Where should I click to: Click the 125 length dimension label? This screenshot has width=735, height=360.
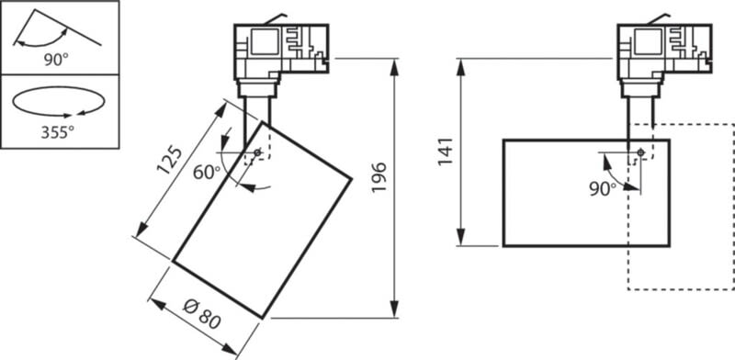(169, 161)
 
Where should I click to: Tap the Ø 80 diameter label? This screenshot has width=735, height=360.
(202, 313)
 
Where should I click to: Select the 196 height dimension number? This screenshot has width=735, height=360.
(379, 177)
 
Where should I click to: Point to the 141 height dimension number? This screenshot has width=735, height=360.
(446, 152)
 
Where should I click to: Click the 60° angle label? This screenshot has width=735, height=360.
(207, 173)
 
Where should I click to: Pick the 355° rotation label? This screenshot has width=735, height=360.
(58, 132)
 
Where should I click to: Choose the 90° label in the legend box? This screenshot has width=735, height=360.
(56, 60)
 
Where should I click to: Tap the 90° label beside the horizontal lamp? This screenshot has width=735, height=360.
(603, 188)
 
